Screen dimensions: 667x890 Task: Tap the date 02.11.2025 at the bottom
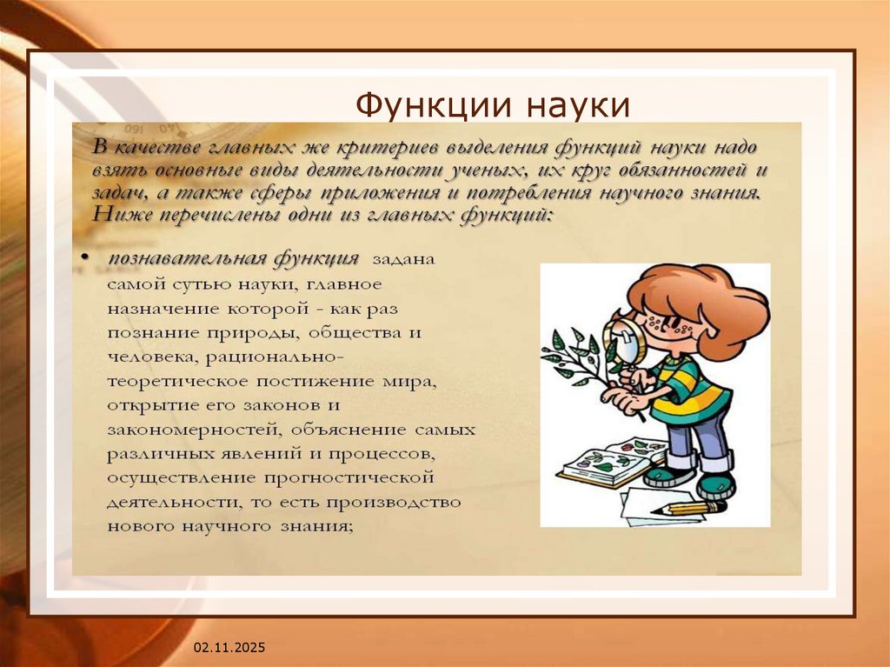click(x=229, y=649)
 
